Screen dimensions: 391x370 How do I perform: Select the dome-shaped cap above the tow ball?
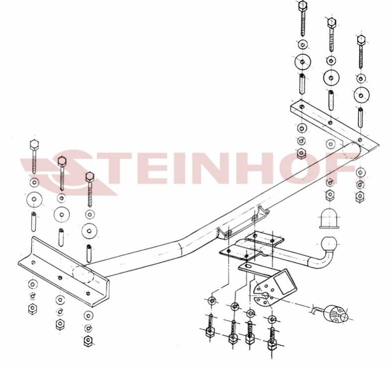tap(330, 219)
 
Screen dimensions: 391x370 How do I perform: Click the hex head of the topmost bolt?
tap(302, 6)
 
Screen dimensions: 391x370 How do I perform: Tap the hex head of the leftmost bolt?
tap(34, 145)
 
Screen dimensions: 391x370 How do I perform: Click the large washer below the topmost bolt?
tap(302, 62)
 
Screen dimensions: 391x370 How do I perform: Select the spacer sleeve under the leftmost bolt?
tap(34, 222)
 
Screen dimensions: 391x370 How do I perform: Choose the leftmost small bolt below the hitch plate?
tap(210, 327)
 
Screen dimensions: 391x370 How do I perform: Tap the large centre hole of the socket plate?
tap(265, 296)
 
